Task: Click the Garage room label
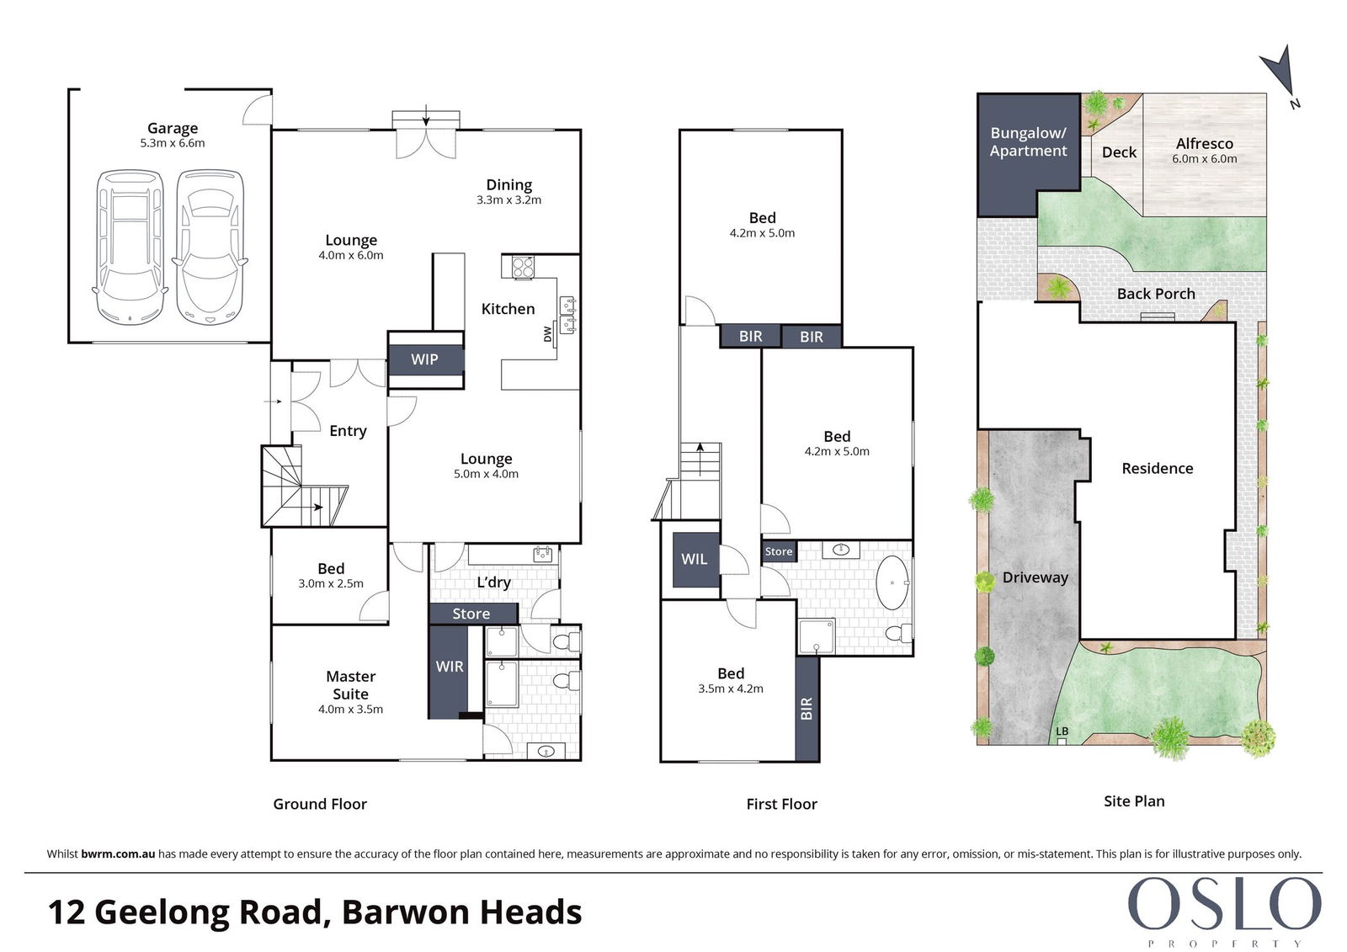173,128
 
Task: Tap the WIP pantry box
426,359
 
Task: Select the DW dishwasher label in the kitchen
547,334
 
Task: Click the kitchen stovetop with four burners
523,267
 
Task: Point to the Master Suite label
350,685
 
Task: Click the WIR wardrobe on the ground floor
449,672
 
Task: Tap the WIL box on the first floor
695,559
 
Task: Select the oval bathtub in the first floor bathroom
892,582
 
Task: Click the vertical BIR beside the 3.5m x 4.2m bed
807,709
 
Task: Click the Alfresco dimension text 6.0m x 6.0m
1205,159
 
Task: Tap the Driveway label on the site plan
1036,577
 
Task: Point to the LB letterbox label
1062,731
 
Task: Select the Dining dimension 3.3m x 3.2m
508,200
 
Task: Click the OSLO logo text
1224,904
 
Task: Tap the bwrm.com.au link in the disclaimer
118,854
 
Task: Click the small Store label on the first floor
779,551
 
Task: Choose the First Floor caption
782,804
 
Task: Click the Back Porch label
1156,294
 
